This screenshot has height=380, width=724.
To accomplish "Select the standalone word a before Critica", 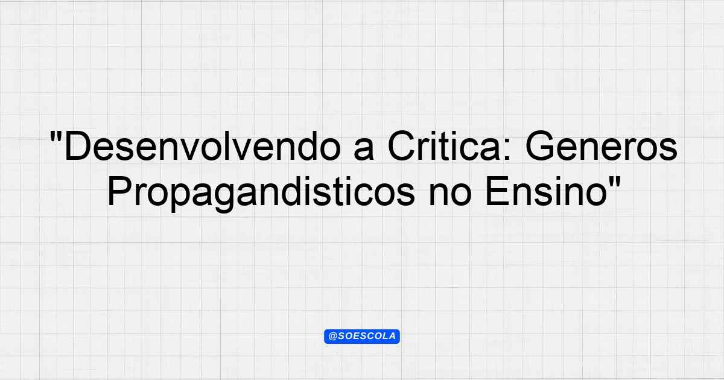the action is tap(364, 150).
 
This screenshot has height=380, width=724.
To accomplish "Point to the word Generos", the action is tap(601, 146).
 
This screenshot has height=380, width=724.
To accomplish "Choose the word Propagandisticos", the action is tap(261, 193).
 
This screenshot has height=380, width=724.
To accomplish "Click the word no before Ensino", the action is tap(450, 195).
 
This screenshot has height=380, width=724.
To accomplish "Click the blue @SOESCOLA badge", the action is tap(362, 337).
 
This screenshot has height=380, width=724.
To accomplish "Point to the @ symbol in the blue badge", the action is tap(332, 337).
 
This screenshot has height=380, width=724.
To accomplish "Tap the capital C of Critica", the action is tap(401, 146).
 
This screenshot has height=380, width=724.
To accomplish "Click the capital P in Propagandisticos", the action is tap(120, 191).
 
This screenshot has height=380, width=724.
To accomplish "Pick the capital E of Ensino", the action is tap(497, 191).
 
